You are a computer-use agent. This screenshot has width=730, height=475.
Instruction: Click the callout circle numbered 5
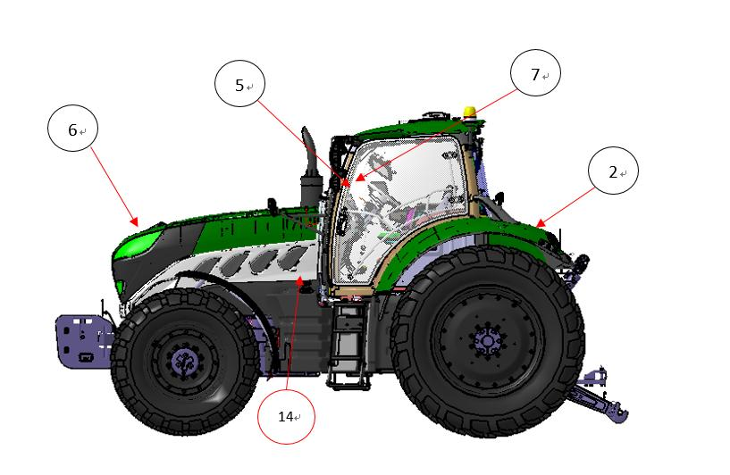click(239, 83)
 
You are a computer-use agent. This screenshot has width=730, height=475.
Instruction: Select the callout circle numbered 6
click(73, 128)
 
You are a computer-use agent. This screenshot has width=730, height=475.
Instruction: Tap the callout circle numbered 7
click(535, 72)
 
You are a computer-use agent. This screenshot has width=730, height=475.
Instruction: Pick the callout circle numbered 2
click(613, 171)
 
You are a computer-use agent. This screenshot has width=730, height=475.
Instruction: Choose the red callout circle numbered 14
click(286, 415)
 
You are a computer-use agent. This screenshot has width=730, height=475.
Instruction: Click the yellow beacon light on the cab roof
click(470, 112)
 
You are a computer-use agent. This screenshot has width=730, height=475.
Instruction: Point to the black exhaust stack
click(310, 168)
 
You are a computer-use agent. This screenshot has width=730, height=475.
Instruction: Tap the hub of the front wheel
click(185, 362)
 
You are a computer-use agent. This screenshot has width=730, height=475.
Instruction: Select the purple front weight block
click(83, 341)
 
